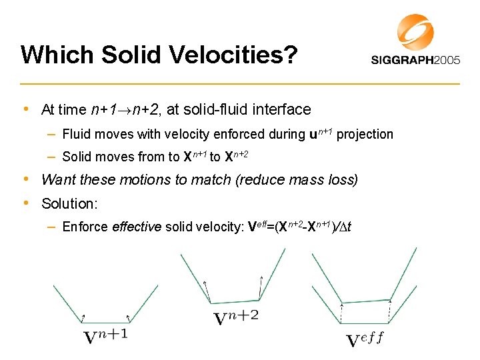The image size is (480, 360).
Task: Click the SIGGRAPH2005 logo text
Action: click(x=415, y=59)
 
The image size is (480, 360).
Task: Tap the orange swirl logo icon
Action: click(x=415, y=32)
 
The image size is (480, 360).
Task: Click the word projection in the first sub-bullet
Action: click(x=365, y=134)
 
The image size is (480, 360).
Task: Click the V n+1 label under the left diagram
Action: click(x=105, y=336)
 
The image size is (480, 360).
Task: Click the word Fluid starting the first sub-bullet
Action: click(x=75, y=134)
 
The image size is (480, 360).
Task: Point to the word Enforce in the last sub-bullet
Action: click(x=85, y=227)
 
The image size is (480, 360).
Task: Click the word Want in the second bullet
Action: click(x=56, y=179)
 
